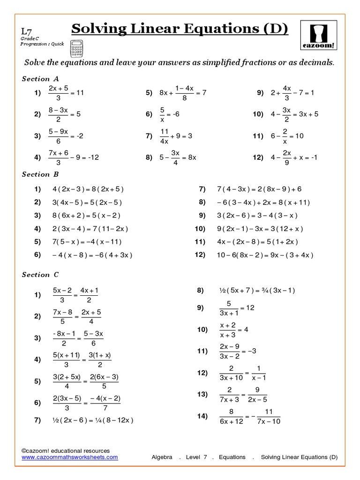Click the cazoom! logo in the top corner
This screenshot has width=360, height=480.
point(319,35)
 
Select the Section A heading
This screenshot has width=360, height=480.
point(40,79)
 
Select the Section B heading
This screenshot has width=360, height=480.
point(40,174)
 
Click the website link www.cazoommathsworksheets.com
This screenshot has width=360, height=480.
point(70,457)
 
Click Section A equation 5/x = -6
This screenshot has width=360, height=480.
point(170,114)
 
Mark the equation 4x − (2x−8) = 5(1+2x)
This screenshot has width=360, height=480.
point(257,242)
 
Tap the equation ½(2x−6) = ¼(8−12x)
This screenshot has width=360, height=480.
point(93,420)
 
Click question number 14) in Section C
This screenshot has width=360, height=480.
point(202,416)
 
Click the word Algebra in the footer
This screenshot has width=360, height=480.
point(163,457)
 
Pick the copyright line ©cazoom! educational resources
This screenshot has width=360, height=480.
point(66,450)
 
